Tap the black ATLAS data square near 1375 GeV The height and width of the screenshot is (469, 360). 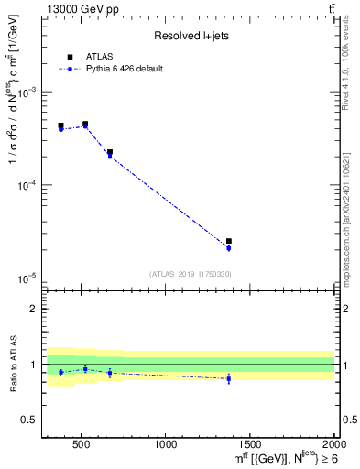229,241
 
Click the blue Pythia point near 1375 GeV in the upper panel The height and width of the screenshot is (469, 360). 229,248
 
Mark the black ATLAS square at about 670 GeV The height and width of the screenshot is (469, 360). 110,152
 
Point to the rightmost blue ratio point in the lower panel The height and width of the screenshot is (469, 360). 229,377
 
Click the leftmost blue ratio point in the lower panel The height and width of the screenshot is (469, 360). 61,372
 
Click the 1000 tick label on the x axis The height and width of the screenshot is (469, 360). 166,444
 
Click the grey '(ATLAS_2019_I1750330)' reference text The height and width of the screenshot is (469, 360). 190,273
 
